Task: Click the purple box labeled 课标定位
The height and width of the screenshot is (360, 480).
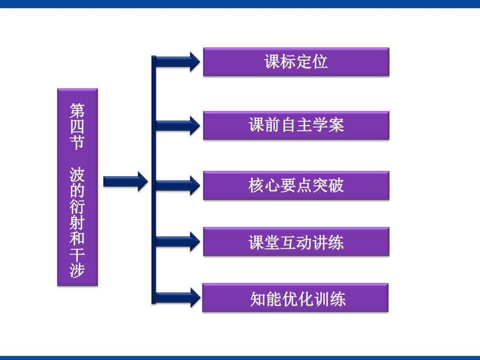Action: pyautogui.click(x=296, y=62)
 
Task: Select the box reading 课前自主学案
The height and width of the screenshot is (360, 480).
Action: pyautogui.click(x=296, y=125)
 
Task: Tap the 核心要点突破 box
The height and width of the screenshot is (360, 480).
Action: pyautogui.click(x=296, y=185)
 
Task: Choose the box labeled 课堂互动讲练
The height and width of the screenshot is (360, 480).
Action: pyautogui.click(x=296, y=242)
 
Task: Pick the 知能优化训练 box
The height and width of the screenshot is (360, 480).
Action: pyautogui.click(x=296, y=297)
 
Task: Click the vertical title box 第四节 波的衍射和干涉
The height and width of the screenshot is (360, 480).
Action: pyautogui.click(x=77, y=187)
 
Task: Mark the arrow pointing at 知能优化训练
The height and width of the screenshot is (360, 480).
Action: pyautogui.click(x=178, y=297)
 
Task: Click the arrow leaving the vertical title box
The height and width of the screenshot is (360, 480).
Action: pyautogui.click(x=125, y=182)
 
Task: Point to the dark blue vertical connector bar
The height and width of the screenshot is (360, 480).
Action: pyautogui.click(x=154, y=180)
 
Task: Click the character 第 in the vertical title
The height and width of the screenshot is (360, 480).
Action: pyautogui.click(x=77, y=111)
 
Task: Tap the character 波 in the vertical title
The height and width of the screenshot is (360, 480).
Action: pyautogui.click(x=77, y=174)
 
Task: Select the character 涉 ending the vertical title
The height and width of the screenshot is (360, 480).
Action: pyautogui.click(x=77, y=270)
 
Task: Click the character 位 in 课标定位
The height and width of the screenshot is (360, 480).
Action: pyautogui.click(x=320, y=62)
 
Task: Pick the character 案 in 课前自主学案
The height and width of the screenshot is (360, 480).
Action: pyautogui.click(x=336, y=125)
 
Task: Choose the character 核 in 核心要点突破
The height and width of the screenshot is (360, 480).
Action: pyautogui.click(x=256, y=185)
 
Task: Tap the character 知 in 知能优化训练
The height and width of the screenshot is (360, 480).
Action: pyautogui.click(x=258, y=299)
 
